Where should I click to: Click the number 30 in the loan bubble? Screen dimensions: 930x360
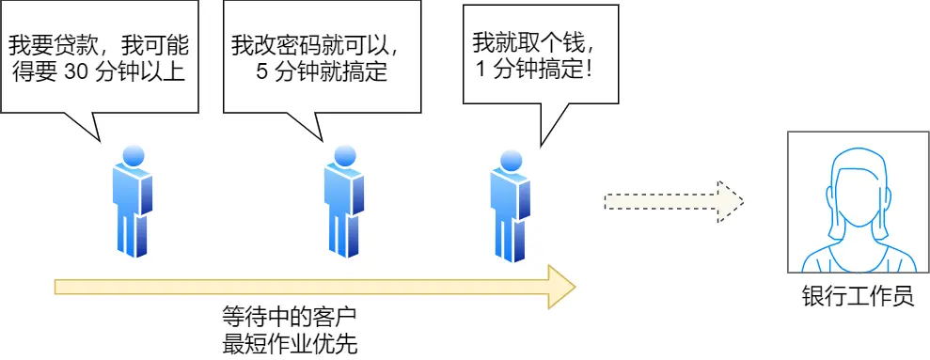[x=74, y=72]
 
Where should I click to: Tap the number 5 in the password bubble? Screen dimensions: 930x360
[x=262, y=72]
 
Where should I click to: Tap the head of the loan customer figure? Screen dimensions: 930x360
[x=133, y=156]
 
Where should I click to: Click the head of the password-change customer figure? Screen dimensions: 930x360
[x=343, y=156]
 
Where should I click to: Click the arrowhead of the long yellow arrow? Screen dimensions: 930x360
[x=561, y=286]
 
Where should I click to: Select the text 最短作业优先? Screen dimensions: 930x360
[x=290, y=343]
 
